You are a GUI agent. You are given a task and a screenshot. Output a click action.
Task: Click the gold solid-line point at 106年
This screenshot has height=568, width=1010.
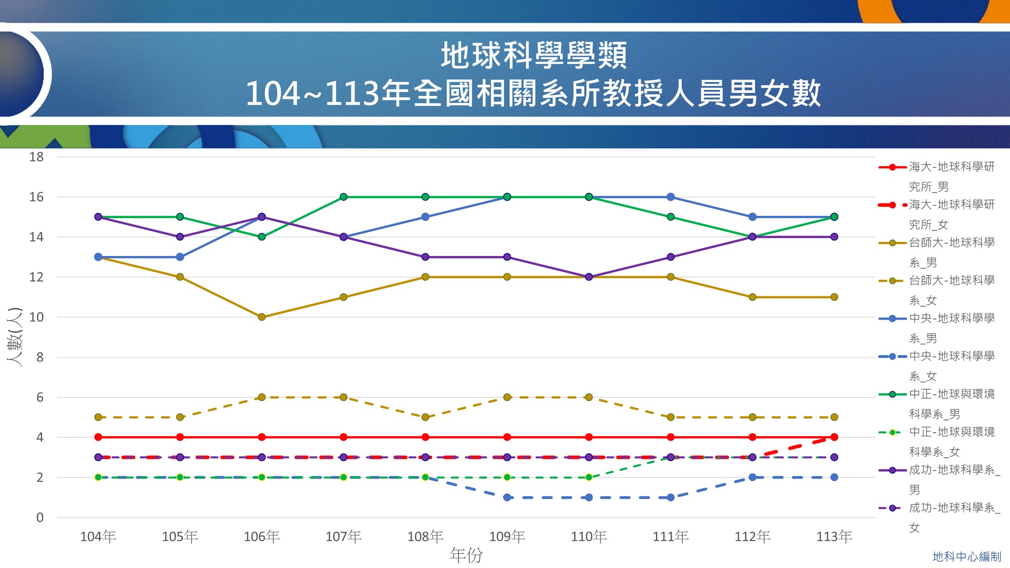(262, 317)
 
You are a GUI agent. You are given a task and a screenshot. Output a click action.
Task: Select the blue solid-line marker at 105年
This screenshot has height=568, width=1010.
(180, 257)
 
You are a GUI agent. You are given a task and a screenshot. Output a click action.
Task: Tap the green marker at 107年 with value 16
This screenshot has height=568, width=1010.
(343, 197)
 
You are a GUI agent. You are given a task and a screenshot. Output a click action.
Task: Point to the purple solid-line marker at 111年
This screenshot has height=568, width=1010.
(671, 257)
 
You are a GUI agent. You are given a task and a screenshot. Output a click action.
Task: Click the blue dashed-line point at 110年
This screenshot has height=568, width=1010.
(589, 497)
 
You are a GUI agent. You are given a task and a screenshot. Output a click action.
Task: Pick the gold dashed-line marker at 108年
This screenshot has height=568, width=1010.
(425, 417)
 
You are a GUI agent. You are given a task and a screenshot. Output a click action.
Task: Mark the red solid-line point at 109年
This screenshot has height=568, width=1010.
(507, 437)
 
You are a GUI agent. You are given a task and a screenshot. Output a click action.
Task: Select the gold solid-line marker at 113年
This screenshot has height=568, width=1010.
(834, 297)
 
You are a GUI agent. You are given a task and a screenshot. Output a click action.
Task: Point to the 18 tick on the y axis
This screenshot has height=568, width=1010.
(36, 157)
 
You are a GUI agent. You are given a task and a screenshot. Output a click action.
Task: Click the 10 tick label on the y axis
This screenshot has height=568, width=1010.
(36, 317)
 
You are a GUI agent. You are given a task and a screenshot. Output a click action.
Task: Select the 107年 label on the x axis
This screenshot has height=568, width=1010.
(343, 536)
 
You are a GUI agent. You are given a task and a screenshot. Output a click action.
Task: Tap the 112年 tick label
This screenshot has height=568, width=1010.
(752, 536)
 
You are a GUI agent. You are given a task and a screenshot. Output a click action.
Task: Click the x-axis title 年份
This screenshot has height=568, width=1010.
(466, 555)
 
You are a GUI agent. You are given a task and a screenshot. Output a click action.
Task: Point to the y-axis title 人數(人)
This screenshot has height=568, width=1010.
(15, 337)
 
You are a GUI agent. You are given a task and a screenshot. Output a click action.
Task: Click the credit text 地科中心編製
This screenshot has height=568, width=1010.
(967, 556)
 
